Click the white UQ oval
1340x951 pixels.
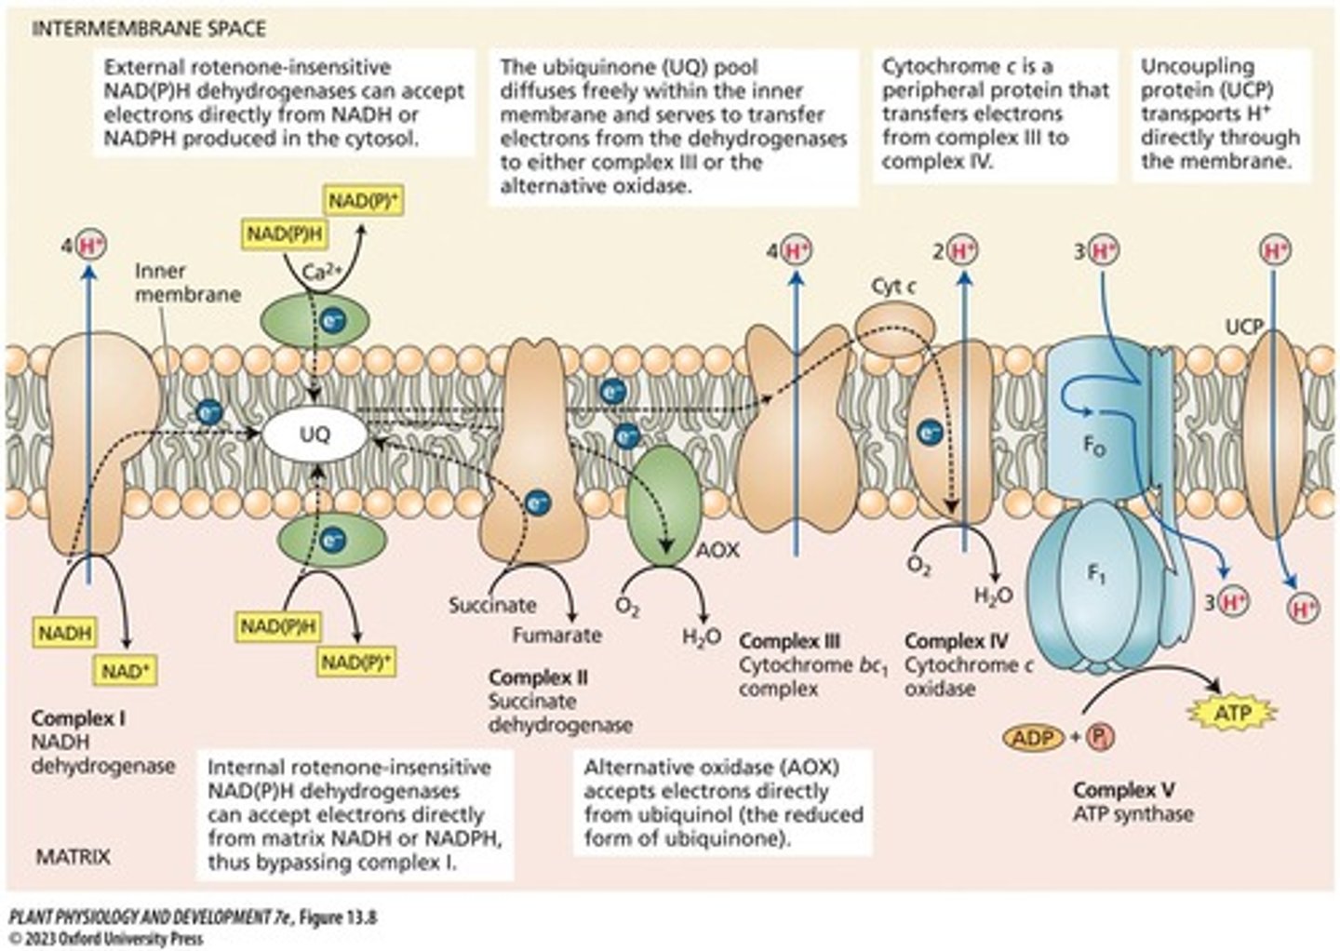[x=315, y=435]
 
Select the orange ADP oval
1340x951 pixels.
[x=1033, y=739]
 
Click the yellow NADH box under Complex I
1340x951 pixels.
[x=65, y=633]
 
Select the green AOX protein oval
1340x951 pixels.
[x=662, y=504]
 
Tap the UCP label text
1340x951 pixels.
[x=1243, y=327]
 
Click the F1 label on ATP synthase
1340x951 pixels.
[x=1097, y=574]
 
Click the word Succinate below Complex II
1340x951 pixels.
[x=492, y=605]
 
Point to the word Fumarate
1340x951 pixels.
[x=556, y=636]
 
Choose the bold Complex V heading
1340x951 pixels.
[x=1123, y=790]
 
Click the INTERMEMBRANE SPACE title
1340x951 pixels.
[x=149, y=29]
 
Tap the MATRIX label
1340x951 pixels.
[x=73, y=856]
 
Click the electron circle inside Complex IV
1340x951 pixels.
[x=929, y=432]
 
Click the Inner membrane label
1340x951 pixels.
[x=187, y=283]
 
